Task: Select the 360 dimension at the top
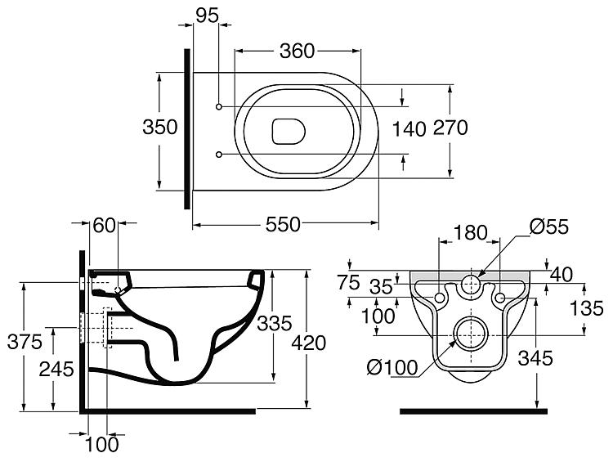[x=297, y=51]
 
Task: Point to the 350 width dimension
[x=160, y=128]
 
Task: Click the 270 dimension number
[x=450, y=128]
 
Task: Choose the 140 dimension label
[x=409, y=128]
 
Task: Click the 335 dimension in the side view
[x=273, y=325]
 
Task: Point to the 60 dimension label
[x=104, y=226]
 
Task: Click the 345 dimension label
[x=535, y=357]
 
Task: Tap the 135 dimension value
[x=588, y=308]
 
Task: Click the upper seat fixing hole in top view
[x=219, y=105]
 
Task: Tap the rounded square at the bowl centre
[x=286, y=129]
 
